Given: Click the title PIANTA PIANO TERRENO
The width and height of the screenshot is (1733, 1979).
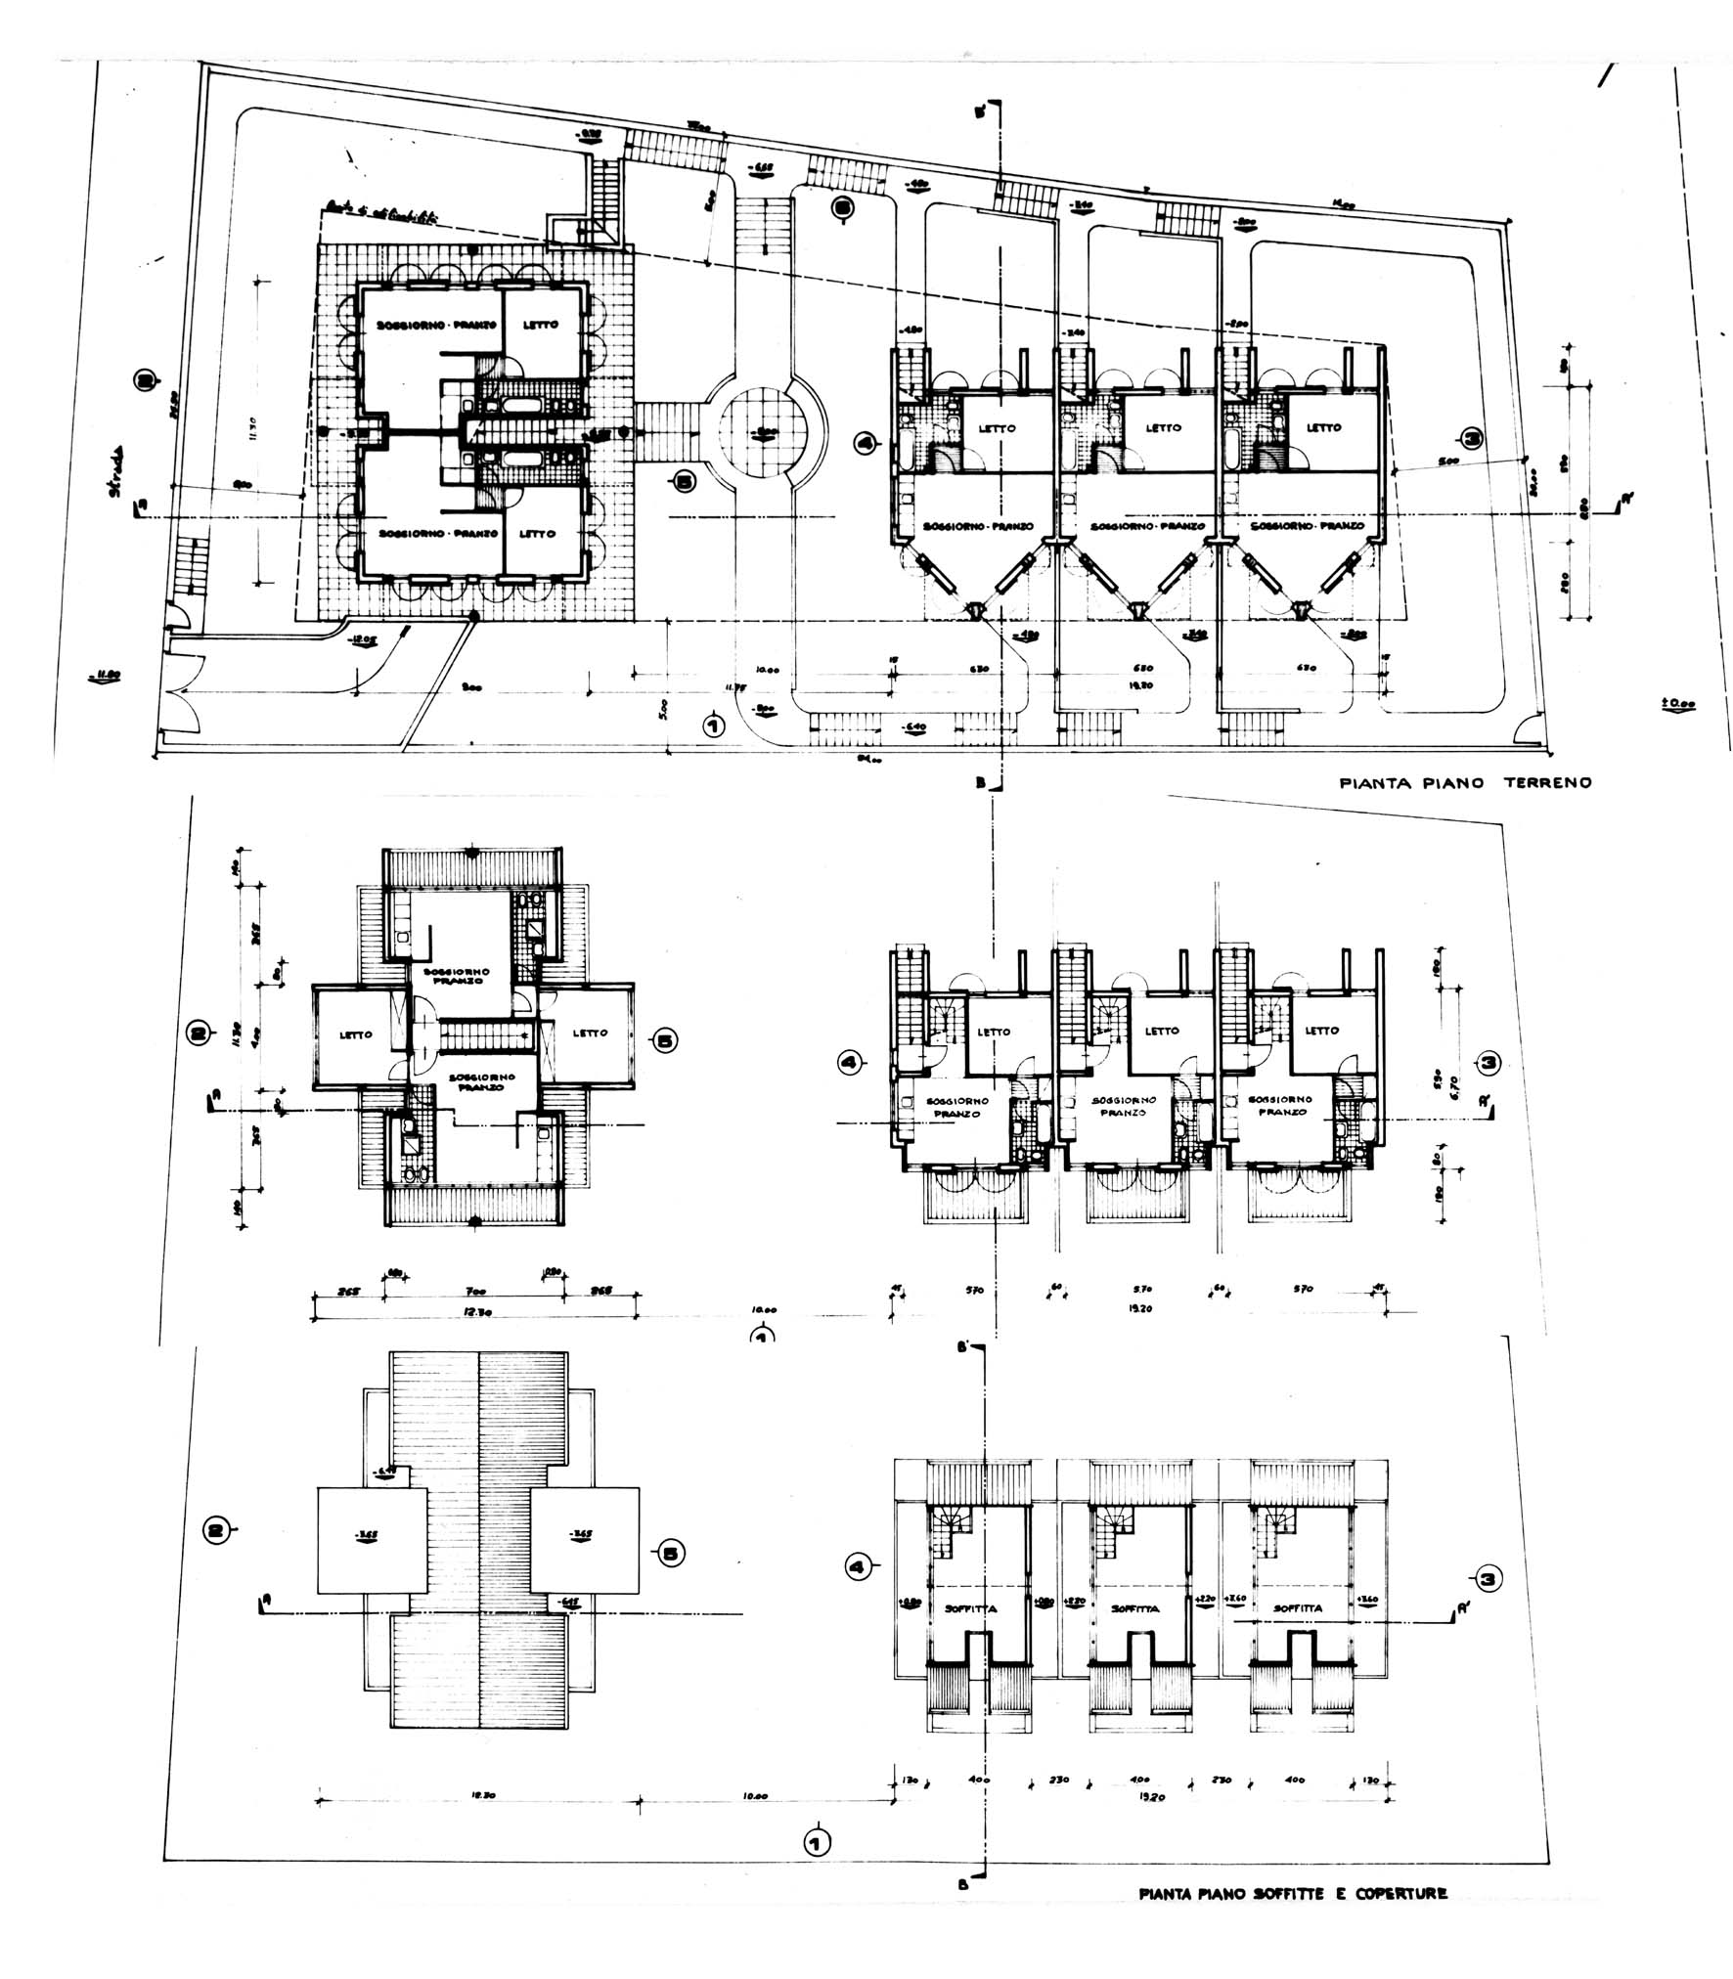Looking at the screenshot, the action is coord(1465,782).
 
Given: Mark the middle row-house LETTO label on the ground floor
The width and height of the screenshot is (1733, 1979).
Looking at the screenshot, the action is coord(1163,427).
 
